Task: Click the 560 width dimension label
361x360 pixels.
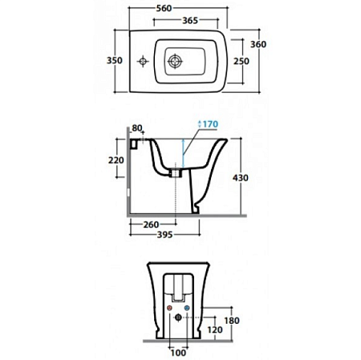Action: [x=164, y=8]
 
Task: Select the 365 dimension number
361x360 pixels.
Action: [x=190, y=20]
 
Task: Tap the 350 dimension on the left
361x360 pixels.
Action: [x=115, y=60]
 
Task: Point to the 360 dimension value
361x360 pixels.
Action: [x=258, y=44]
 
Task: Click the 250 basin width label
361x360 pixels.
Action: [x=241, y=61]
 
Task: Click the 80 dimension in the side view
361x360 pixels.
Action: [x=137, y=128]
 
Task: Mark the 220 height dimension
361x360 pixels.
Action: [x=116, y=160]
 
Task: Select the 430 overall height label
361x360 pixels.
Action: [x=241, y=178]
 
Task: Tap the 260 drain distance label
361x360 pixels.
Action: [x=151, y=224]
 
